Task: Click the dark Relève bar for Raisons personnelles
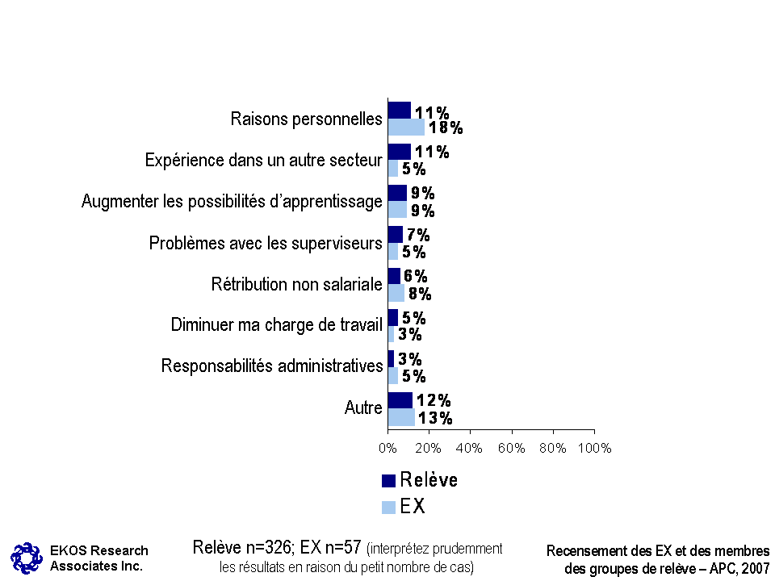coord(400,110)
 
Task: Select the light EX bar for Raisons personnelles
coord(406,127)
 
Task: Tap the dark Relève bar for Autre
coord(400,400)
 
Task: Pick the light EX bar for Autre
coord(401,417)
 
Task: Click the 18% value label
coord(446,127)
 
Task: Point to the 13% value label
coord(435,418)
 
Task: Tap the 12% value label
coord(433,401)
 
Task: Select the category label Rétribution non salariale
coord(296,284)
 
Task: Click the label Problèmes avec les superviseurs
coord(266,243)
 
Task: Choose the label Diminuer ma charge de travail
coord(276,325)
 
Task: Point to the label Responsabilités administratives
coord(271,366)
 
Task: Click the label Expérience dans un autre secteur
coord(263,161)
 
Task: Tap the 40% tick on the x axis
coord(470,448)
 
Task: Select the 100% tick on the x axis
coord(595,448)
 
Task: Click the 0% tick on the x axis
coord(387,448)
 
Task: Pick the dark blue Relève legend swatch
coord(388,481)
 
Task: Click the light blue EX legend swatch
coord(388,508)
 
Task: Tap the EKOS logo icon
coord(26,557)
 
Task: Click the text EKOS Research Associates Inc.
coord(98,558)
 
